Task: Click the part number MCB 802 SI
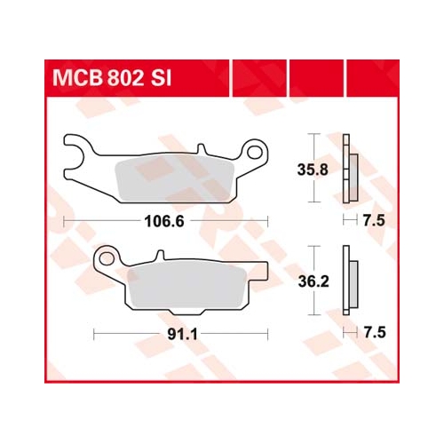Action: [x=112, y=78]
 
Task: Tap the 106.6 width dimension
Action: [x=164, y=221]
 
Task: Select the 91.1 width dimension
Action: [x=182, y=335]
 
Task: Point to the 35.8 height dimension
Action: [x=313, y=170]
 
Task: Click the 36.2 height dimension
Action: [x=313, y=281]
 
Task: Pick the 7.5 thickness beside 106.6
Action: [x=374, y=221]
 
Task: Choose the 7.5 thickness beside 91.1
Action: [x=375, y=333]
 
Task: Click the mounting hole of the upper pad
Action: [x=255, y=152]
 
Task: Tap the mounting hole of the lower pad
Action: [x=107, y=259]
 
